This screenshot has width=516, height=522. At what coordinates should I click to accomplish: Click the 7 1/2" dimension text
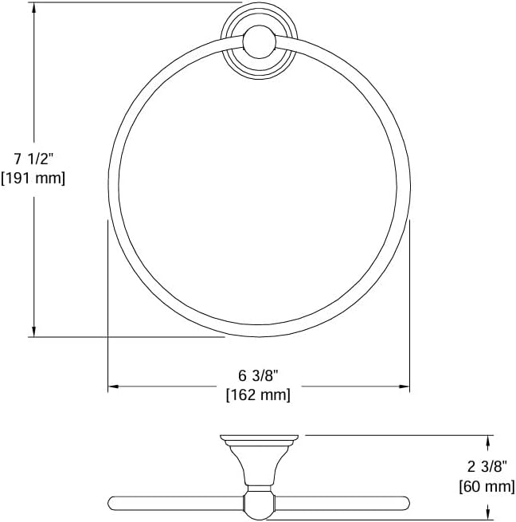33,159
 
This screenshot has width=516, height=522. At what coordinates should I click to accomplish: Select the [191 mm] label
33,178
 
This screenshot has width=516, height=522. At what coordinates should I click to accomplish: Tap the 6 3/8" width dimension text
258,376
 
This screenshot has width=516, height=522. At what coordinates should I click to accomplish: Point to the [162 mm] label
258,395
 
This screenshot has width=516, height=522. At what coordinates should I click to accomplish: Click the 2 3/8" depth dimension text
487,467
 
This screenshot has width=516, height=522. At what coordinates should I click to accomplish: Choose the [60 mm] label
487,486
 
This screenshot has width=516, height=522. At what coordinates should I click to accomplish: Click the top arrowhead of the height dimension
33,8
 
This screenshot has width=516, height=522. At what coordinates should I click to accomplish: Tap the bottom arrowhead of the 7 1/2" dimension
33,332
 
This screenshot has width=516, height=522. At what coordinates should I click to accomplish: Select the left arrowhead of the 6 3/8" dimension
113,387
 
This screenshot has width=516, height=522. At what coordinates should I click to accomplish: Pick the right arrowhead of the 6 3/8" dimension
405,387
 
